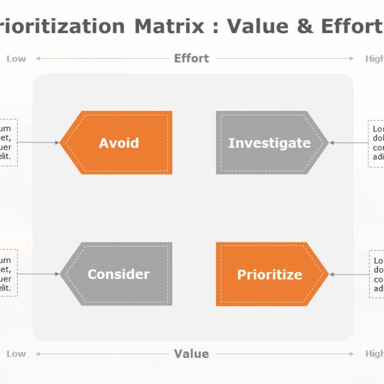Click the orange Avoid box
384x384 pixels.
119,143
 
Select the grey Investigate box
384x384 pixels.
269,143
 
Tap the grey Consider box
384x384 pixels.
119,274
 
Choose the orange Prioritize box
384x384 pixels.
269,275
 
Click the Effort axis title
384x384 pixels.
191,58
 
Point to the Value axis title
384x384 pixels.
191,353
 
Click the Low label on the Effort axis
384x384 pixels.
16,59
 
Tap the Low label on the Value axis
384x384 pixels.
16,354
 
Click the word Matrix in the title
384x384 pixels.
168,26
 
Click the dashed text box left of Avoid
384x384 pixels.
8,143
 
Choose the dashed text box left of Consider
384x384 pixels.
8,274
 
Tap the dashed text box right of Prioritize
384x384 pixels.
376,275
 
